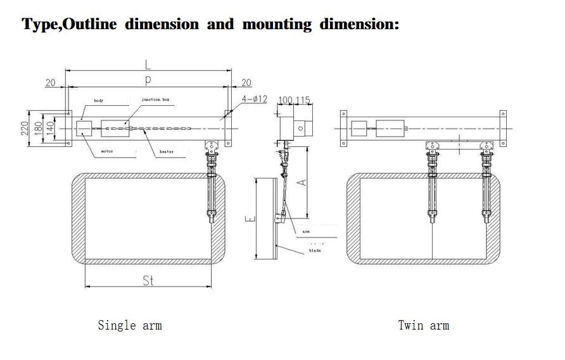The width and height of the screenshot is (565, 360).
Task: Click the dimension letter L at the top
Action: pyautogui.click(x=148, y=64)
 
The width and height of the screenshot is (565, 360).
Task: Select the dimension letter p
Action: pyautogui.click(x=148, y=79)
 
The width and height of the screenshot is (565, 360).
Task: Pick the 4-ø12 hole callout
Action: pyautogui.click(x=255, y=99)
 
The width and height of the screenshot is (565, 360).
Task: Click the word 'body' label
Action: pyautogui.click(x=99, y=101)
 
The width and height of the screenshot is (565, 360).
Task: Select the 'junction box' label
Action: pyautogui.click(x=155, y=100)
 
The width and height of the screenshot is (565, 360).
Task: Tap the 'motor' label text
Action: pyautogui.click(x=107, y=151)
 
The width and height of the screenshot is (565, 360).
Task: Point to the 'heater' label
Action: pyautogui.click(x=167, y=151)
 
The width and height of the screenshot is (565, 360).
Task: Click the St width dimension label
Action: pyautogui.click(x=148, y=280)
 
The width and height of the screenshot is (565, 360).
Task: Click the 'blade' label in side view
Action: pyautogui.click(x=315, y=250)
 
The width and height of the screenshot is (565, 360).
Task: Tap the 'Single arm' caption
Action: pyautogui.click(x=130, y=325)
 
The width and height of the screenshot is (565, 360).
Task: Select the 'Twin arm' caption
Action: pyautogui.click(x=423, y=325)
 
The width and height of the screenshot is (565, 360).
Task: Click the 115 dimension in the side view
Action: pyautogui.click(x=303, y=101)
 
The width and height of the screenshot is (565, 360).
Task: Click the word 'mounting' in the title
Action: pyautogui.click(x=277, y=25)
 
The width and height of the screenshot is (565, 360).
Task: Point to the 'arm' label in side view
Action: pyautogui.click(x=306, y=232)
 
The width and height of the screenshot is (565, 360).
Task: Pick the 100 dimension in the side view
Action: pyautogui.click(x=286, y=101)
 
